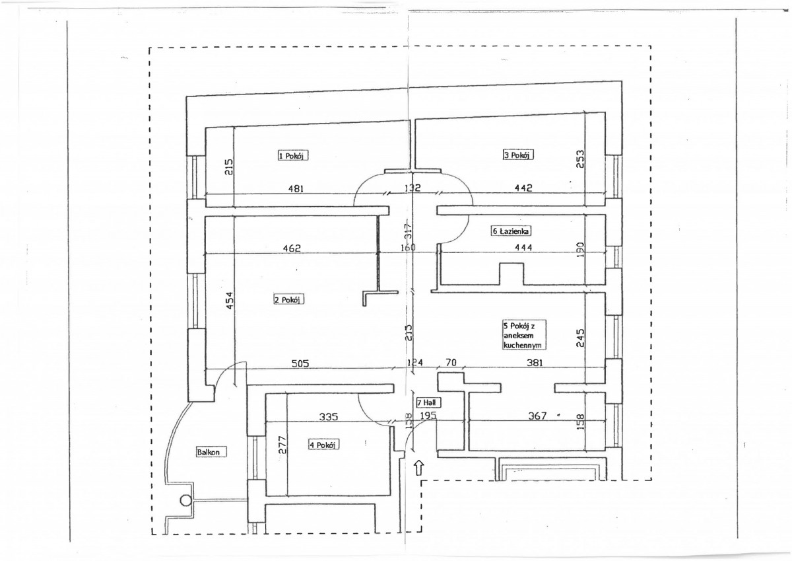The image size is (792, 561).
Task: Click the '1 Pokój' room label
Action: [293, 155]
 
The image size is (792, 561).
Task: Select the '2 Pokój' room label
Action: [288, 300]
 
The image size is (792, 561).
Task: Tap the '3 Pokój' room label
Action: [517, 155]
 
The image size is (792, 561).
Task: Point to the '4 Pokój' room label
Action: [323, 445]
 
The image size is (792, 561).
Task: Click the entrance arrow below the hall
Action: [419, 468]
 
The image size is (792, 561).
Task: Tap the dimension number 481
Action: [296, 188]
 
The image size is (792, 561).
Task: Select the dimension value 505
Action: [300, 363]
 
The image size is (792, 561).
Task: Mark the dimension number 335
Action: [328, 417]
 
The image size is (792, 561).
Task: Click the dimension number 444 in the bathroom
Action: [523, 248]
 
